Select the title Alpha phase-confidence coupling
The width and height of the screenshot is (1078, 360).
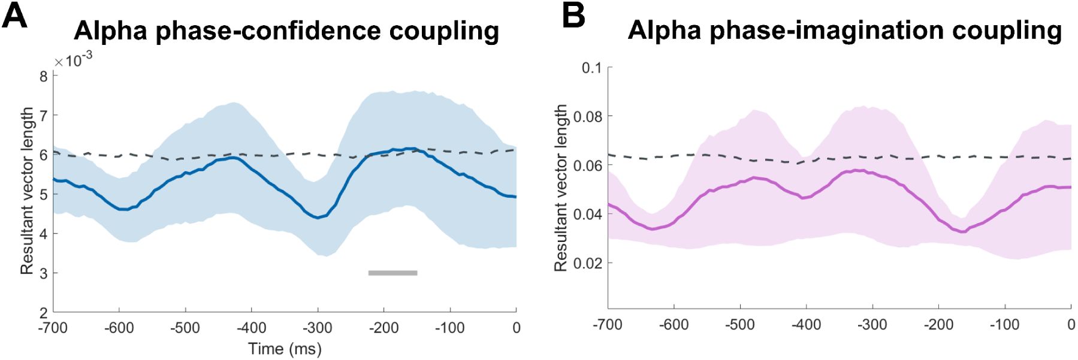(286, 31)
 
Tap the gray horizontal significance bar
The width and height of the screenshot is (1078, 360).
(392, 273)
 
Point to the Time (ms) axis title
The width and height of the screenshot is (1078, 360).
(285, 349)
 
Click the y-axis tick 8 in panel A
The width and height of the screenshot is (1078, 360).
(43, 76)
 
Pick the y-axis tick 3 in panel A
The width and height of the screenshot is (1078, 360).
(43, 273)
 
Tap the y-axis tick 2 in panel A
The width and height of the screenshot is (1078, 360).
(43, 313)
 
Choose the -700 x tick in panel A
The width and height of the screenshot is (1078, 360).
(53, 328)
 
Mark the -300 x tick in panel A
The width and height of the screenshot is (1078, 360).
(317, 328)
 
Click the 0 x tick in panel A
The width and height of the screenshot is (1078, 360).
(516, 328)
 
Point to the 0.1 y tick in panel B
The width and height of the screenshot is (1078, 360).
(591, 68)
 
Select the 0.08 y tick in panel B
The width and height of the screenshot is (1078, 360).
(588, 116)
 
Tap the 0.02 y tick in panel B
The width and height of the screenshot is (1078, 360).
(588, 263)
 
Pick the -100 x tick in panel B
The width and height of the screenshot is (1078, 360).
(1004, 325)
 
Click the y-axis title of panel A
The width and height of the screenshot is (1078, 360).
(27, 191)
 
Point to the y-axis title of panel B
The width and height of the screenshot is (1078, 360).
(560, 188)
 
